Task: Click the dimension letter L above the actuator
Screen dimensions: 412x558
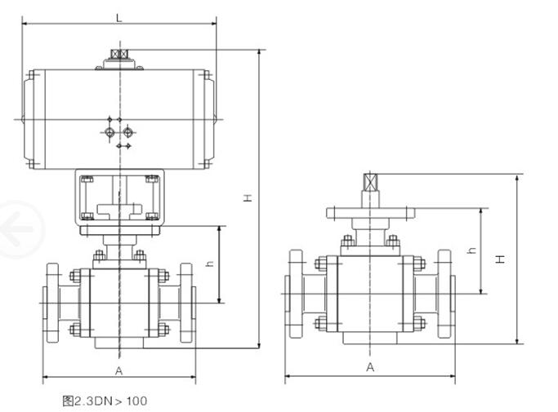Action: pyautogui.click(x=119, y=17)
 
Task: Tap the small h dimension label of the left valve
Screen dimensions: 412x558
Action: pyautogui.click(x=210, y=264)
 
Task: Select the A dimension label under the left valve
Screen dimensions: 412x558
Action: pyautogui.click(x=119, y=371)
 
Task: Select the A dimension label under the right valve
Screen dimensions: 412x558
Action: pyautogui.click(x=370, y=368)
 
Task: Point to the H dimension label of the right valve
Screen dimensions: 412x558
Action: pyautogui.click(x=503, y=258)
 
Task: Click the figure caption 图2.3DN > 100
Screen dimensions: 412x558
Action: pyautogui.click(x=105, y=401)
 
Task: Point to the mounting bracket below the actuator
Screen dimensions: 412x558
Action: pyautogui.click(x=119, y=196)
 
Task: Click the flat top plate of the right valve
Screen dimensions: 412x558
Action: pyautogui.click(x=372, y=214)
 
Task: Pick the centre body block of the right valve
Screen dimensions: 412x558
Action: pyautogui.click(x=372, y=294)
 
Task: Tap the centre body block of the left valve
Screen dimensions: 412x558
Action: pyautogui.click(x=120, y=302)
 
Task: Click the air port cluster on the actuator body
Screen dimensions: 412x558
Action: pyautogui.click(x=118, y=132)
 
